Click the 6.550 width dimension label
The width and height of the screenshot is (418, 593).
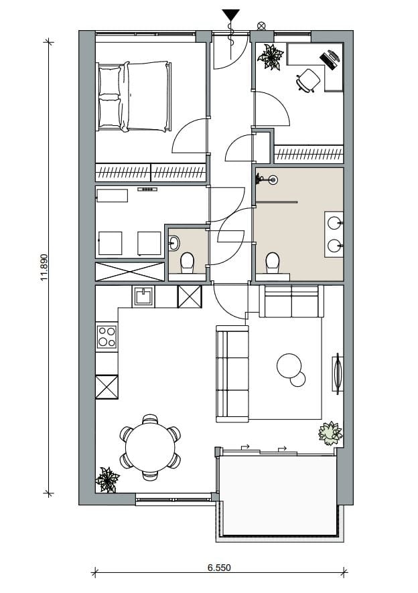point(218,568)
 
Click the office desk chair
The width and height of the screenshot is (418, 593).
point(307,80)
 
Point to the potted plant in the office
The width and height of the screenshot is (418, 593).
point(271,57)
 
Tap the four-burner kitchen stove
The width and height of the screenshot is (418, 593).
point(107,336)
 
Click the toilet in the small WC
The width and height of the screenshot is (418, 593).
point(187,263)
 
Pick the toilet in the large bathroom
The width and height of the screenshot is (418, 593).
point(272,262)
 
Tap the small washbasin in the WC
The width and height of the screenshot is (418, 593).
point(174,242)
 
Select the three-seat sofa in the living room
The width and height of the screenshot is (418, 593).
point(231,373)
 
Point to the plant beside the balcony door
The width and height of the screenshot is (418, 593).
point(330,433)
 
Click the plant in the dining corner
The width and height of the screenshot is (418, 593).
point(107,479)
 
